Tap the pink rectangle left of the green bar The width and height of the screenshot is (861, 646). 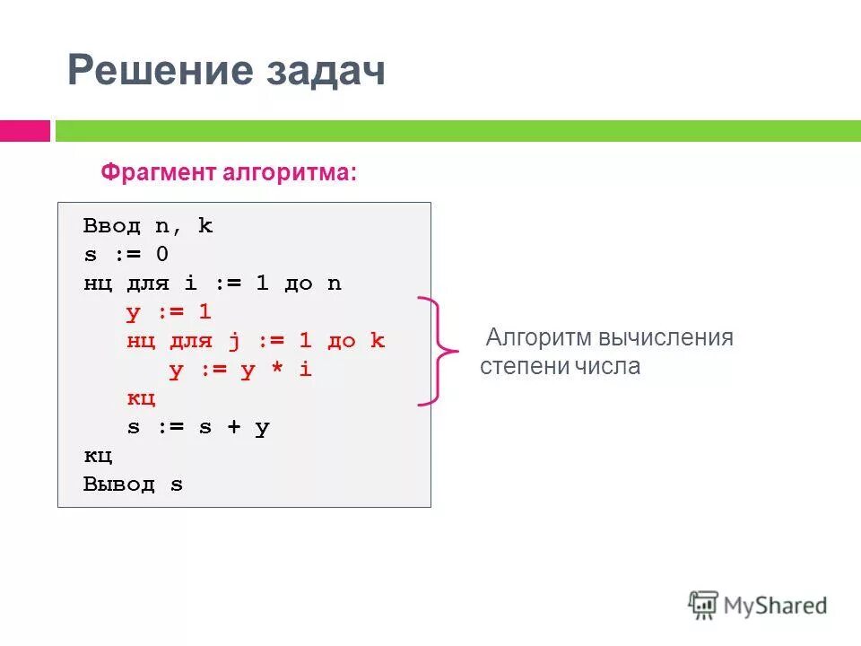click(25, 131)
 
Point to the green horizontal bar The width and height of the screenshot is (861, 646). click(457, 131)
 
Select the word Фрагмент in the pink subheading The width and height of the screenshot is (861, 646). click(155, 171)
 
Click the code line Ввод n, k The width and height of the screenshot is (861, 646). click(148, 226)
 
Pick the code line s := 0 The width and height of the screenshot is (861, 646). click(126, 255)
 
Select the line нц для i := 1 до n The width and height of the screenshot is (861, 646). click(213, 284)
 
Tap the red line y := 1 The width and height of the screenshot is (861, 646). click(169, 312)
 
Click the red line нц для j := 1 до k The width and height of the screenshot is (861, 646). click(256, 341)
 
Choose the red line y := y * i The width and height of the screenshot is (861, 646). click(240, 370)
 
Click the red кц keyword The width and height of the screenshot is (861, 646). click(141, 398)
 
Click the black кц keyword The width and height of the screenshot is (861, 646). click(98, 456)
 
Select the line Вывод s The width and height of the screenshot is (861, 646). click(133, 484)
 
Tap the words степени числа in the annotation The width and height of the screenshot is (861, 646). click(560, 366)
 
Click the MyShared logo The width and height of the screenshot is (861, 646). click(758, 605)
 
